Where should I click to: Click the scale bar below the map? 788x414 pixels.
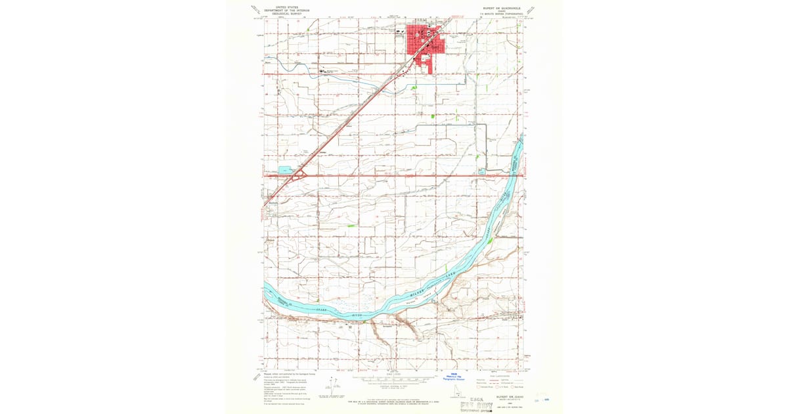click(x=394, y=380)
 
